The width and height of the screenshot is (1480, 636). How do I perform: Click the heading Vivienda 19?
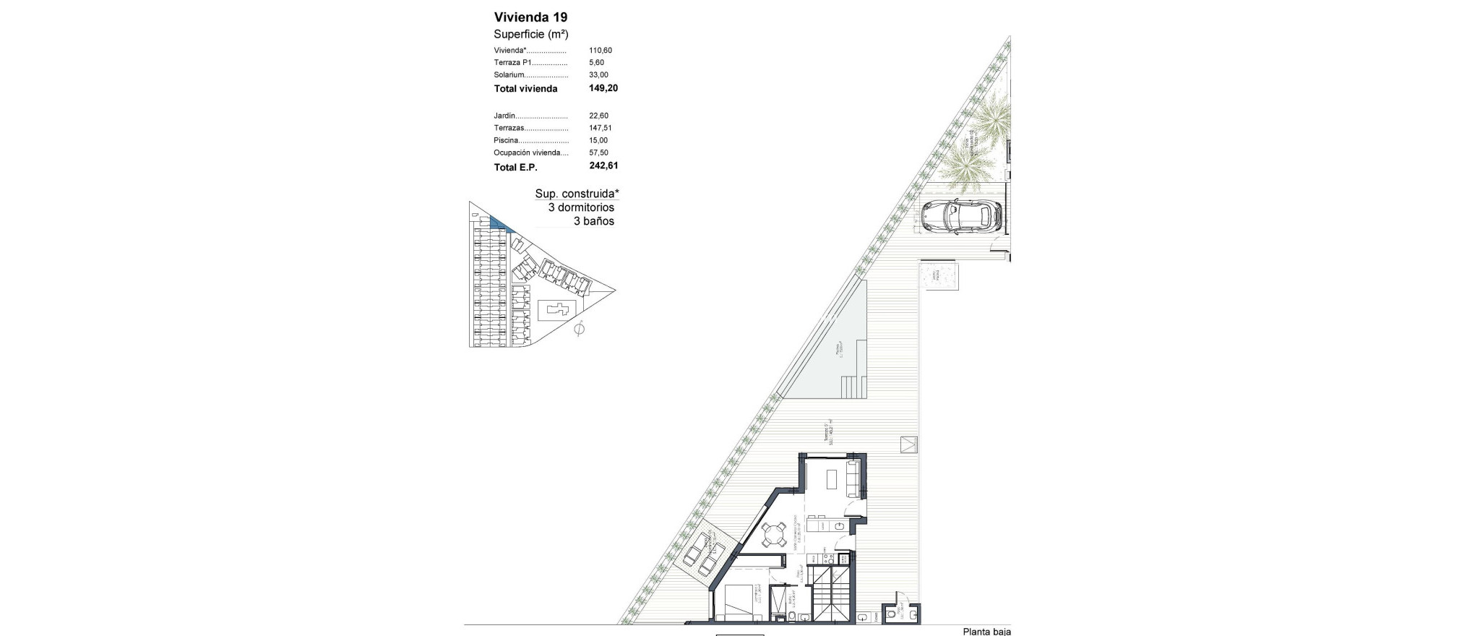(x=530, y=17)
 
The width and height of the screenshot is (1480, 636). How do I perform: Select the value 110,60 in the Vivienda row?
(x=601, y=51)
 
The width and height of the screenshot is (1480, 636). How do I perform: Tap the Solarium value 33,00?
(x=598, y=75)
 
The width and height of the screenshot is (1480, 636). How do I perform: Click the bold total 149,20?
(x=603, y=88)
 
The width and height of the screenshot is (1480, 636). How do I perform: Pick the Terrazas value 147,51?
(x=601, y=128)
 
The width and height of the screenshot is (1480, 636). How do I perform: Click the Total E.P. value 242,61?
(x=603, y=166)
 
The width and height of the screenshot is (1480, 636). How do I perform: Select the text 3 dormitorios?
(x=581, y=207)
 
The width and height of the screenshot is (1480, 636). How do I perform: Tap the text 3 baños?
(x=594, y=221)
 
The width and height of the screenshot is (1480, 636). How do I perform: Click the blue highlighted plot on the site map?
(x=499, y=223)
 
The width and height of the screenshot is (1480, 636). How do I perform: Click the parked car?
(x=962, y=215)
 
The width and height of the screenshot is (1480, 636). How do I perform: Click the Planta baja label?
(x=986, y=631)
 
